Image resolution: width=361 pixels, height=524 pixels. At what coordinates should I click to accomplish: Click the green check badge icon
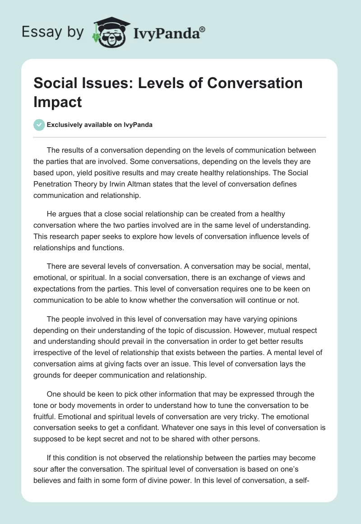[39, 125]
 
